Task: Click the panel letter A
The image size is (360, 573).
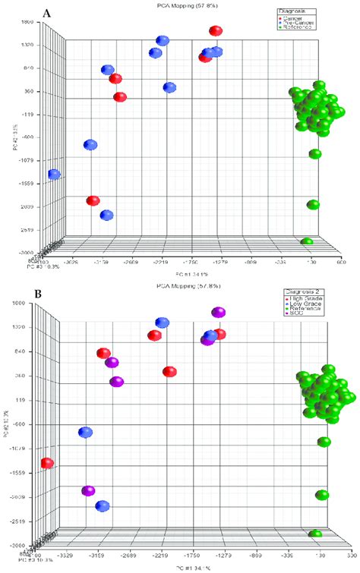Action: [48, 13]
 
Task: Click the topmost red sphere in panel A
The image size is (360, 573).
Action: [216, 31]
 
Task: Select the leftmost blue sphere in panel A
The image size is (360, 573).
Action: [54, 175]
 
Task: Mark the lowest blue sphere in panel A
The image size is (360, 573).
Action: [106, 216]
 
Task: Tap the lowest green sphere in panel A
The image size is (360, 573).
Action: [307, 242]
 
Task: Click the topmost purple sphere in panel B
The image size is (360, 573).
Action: [219, 312]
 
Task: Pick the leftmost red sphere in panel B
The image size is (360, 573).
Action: [47, 463]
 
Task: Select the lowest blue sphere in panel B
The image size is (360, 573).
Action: [102, 505]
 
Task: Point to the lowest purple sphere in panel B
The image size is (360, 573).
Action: [88, 491]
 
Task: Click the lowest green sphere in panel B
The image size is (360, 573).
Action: [315, 534]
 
